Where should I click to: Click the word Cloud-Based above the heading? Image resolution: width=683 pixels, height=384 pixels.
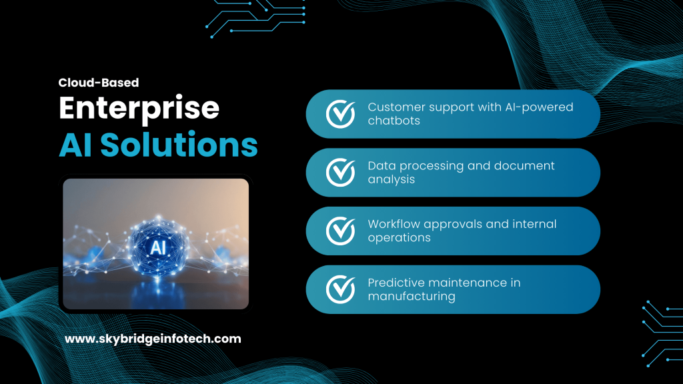point(99,83)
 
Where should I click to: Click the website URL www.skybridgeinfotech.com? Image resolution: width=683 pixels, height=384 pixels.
point(153,339)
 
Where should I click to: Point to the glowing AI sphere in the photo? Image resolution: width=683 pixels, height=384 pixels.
point(158,248)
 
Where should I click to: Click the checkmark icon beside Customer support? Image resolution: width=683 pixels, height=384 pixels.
point(340,114)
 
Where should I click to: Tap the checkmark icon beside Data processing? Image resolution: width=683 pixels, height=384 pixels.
point(340,172)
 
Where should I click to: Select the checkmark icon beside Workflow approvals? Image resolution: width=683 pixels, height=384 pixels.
point(340,231)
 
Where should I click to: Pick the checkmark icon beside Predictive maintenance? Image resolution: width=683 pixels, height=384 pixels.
point(340,289)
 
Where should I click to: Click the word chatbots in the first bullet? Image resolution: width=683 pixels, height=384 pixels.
point(394,121)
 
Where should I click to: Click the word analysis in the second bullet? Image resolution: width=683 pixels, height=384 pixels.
point(392,179)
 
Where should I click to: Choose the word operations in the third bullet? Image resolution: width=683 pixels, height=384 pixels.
point(399,238)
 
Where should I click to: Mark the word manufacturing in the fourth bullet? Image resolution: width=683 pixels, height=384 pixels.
point(412,297)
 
